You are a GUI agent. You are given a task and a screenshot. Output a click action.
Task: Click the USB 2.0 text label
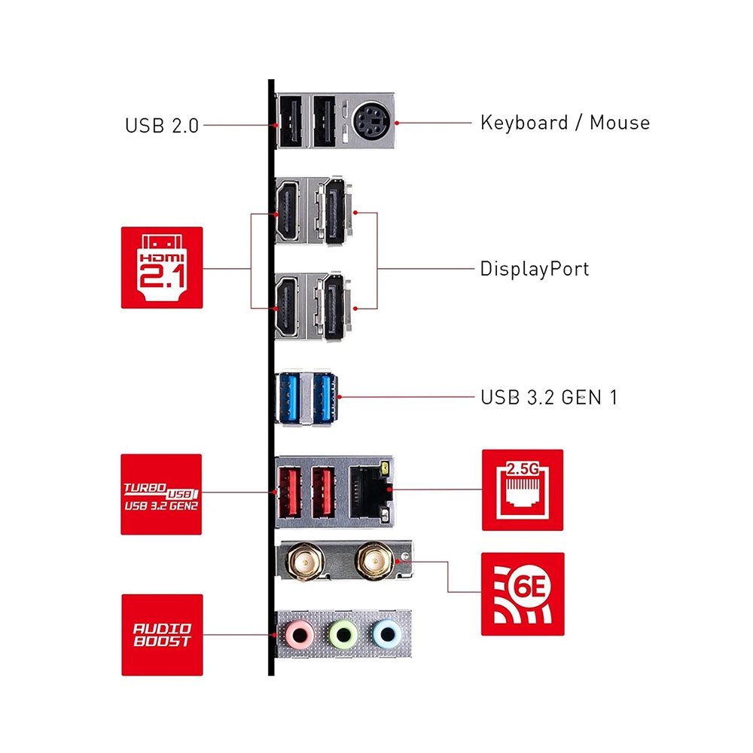coord(162,125)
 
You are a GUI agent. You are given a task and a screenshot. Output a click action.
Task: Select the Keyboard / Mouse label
coord(565,122)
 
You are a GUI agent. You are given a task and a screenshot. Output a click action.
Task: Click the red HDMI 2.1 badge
coord(162,267)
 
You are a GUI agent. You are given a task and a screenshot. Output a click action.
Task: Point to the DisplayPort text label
coord(535,269)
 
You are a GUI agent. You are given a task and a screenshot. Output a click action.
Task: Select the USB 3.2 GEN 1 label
coord(549,397)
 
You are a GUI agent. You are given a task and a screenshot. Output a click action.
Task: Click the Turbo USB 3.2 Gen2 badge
coord(162,494)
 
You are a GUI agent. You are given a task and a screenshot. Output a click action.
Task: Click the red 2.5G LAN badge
coord(523,490)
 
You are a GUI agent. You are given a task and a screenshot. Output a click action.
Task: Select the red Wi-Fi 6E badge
coord(523,593)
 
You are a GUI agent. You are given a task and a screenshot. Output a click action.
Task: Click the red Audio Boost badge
coord(162,635)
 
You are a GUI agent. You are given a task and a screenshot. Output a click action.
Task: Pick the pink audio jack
coord(300,635)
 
